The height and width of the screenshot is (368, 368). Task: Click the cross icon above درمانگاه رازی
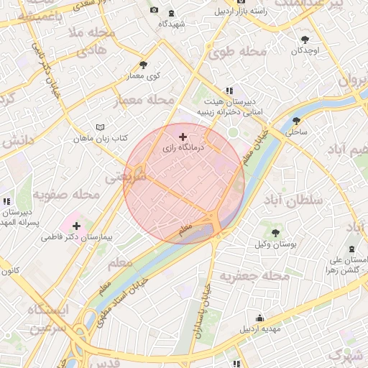pos(183,136)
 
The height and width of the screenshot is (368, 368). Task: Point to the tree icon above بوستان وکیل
pos(275,232)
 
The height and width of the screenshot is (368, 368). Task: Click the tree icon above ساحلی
pos(297,120)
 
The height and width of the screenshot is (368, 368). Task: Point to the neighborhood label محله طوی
pos(234,52)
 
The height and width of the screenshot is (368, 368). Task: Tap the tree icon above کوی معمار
pos(143,65)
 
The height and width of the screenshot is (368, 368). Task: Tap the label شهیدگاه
pos(173,24)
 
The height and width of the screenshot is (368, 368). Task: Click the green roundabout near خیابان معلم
pos(233,133)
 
